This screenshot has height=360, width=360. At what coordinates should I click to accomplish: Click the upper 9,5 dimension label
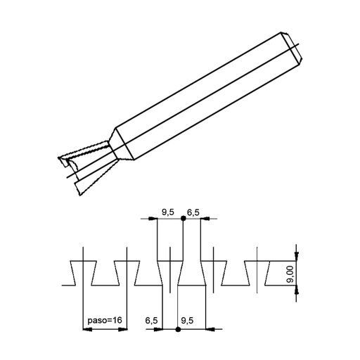tap(168, 211)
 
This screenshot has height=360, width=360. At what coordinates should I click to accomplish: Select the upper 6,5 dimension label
tap(194, 211)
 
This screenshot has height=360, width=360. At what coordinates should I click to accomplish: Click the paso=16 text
tap(105, 321)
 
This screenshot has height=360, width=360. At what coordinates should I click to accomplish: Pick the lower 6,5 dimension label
tap(151, 321)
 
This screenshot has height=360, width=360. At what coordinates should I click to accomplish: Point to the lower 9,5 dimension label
tap(188, 321)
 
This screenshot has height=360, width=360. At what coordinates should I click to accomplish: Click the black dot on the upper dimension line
tap(184, 219)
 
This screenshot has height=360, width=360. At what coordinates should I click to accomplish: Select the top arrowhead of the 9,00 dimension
tap(297, 258)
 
